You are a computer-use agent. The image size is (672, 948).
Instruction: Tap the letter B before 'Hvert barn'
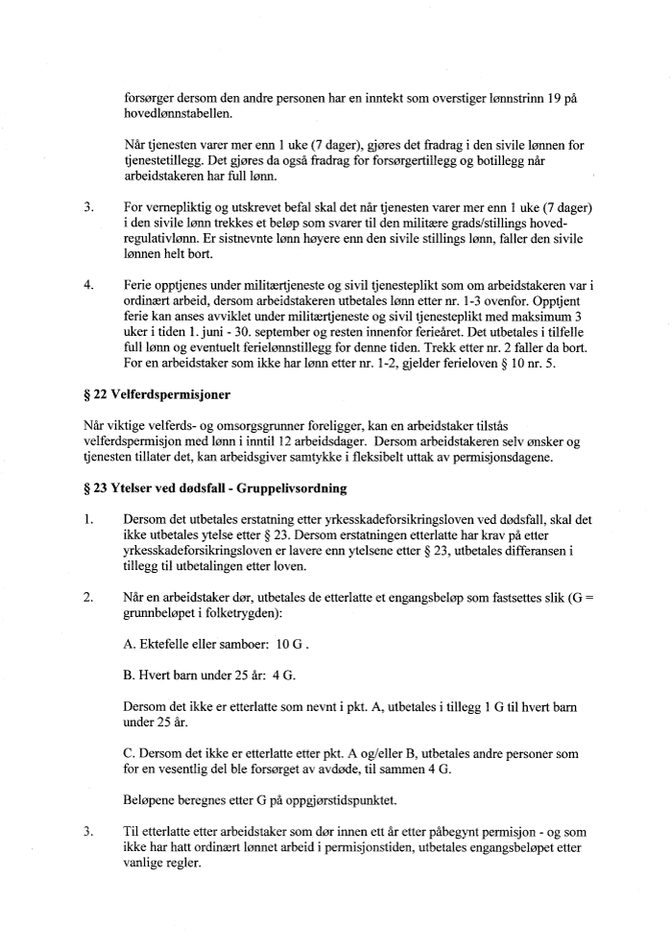129,675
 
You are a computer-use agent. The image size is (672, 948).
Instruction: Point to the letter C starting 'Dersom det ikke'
129,752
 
